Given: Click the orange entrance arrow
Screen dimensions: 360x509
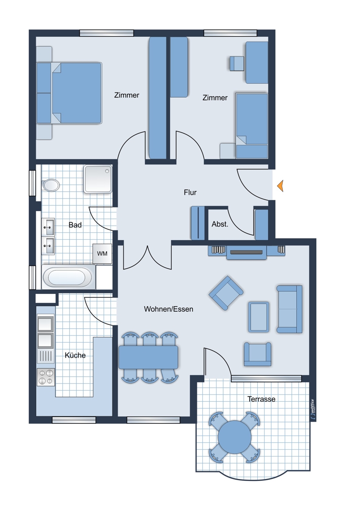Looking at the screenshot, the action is click(281, 186).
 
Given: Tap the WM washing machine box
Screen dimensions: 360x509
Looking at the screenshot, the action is click(102, 254).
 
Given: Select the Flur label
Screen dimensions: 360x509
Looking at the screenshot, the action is click(190, 193).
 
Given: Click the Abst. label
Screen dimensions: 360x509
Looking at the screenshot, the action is click(219, 224).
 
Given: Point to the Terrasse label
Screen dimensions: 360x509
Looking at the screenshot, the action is click(262, 399).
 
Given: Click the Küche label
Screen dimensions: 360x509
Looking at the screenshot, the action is click(75, 355).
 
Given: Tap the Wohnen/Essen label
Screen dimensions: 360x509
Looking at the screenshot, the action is click(169, 309).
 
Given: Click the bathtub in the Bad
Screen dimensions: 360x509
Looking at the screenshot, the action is click(67, 277).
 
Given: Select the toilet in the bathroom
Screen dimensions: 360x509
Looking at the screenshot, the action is click(50, 185).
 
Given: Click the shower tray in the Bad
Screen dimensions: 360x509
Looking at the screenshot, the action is click(98, 179).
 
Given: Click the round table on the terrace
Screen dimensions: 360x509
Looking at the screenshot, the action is click(234, 436).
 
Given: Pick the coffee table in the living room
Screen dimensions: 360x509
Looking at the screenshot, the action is click(259, 317).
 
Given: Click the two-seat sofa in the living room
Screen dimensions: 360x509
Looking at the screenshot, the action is click(289, 309).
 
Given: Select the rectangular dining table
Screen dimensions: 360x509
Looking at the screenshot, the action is click(148, 357).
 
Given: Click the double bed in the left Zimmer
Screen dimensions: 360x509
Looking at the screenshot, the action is click(69, 93).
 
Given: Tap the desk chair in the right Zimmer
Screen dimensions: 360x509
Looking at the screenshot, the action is click(236, 64).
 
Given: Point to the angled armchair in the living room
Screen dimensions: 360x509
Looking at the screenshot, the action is click(226, 293).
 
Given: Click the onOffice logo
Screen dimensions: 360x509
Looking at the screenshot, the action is click(313, 409).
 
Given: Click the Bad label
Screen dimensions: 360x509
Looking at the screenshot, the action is click(75, 225).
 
